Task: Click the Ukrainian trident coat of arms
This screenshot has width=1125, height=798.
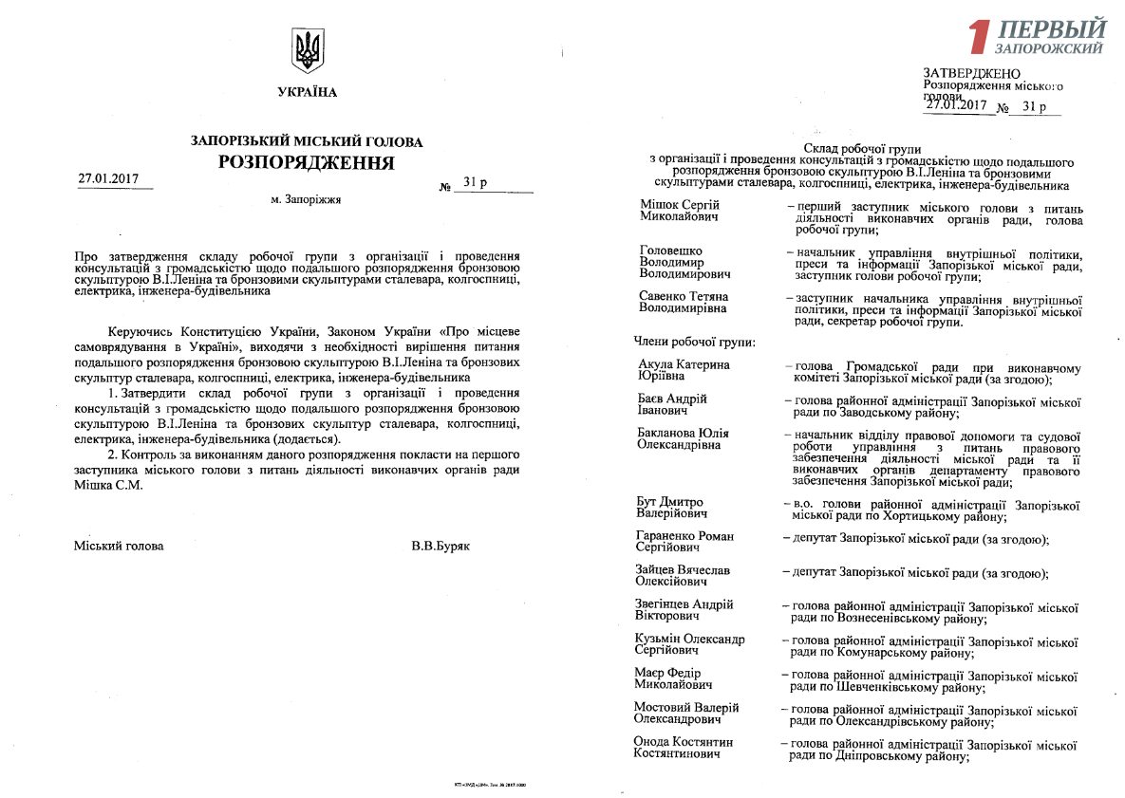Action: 308,51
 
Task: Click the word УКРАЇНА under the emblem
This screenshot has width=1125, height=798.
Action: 307,93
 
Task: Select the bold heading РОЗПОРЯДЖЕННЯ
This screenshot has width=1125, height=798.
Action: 307,162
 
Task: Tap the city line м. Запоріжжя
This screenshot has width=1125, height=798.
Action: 306,200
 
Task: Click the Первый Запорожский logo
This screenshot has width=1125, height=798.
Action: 1037,36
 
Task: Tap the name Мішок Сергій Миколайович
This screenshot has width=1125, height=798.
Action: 680,211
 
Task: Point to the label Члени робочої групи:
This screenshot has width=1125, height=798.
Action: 694,340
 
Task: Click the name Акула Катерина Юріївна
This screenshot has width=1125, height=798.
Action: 684,370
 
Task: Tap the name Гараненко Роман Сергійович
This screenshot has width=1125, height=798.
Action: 684,542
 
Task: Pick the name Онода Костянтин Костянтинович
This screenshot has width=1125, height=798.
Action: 684,747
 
